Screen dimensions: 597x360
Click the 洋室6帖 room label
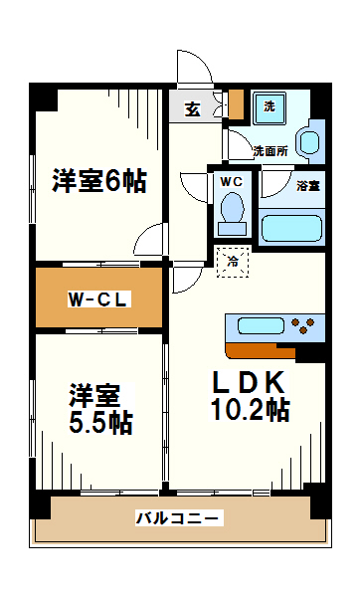[x=99, y=181]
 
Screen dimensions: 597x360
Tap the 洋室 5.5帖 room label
[x=99, y=407]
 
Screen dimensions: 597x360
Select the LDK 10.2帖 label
[x=248, y=395]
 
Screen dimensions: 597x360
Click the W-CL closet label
[x=98, y=298]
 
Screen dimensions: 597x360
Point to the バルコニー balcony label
[x=179, y=518]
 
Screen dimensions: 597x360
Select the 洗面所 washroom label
[x=270, y=151]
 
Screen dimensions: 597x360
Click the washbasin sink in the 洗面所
[x=309, y=140]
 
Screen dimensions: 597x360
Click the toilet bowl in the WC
[x=232, y=209]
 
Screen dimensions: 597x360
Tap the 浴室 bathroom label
[x=307, y=185]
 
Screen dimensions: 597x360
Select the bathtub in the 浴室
[x=291, y=228]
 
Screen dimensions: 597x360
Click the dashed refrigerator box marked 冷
[x=234, y=262]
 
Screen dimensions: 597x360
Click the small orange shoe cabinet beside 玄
[x=236, y=104]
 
